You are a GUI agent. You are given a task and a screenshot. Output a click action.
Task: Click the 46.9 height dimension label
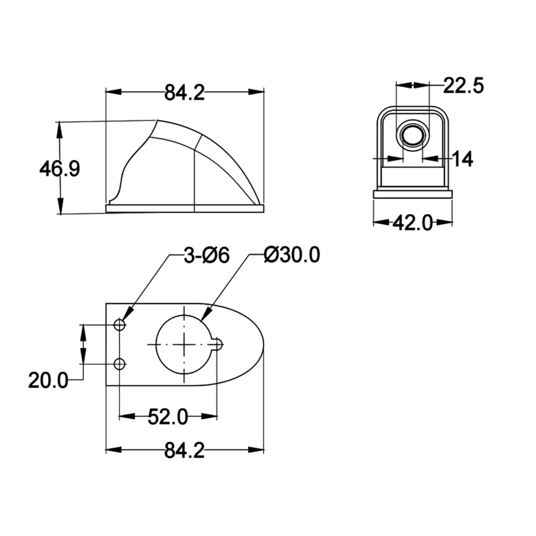(x=59, y=169)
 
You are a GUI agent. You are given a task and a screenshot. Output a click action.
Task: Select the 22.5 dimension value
(x=464, y=85)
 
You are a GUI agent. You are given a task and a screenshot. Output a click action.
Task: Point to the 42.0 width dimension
(x=413, y=223)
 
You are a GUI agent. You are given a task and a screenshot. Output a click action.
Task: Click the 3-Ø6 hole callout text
(x=206, y=256)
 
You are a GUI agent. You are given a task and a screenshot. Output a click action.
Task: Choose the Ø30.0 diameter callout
(x=292, y=255)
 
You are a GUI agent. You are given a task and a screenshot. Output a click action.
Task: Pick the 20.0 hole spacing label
(x=48, y=380)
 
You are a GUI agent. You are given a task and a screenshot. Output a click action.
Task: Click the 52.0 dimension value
(x=168, y=416)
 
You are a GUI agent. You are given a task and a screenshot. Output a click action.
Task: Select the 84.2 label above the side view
(x=184, y=93)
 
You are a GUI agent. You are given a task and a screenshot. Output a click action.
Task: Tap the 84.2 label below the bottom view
(x=184, y=450)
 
